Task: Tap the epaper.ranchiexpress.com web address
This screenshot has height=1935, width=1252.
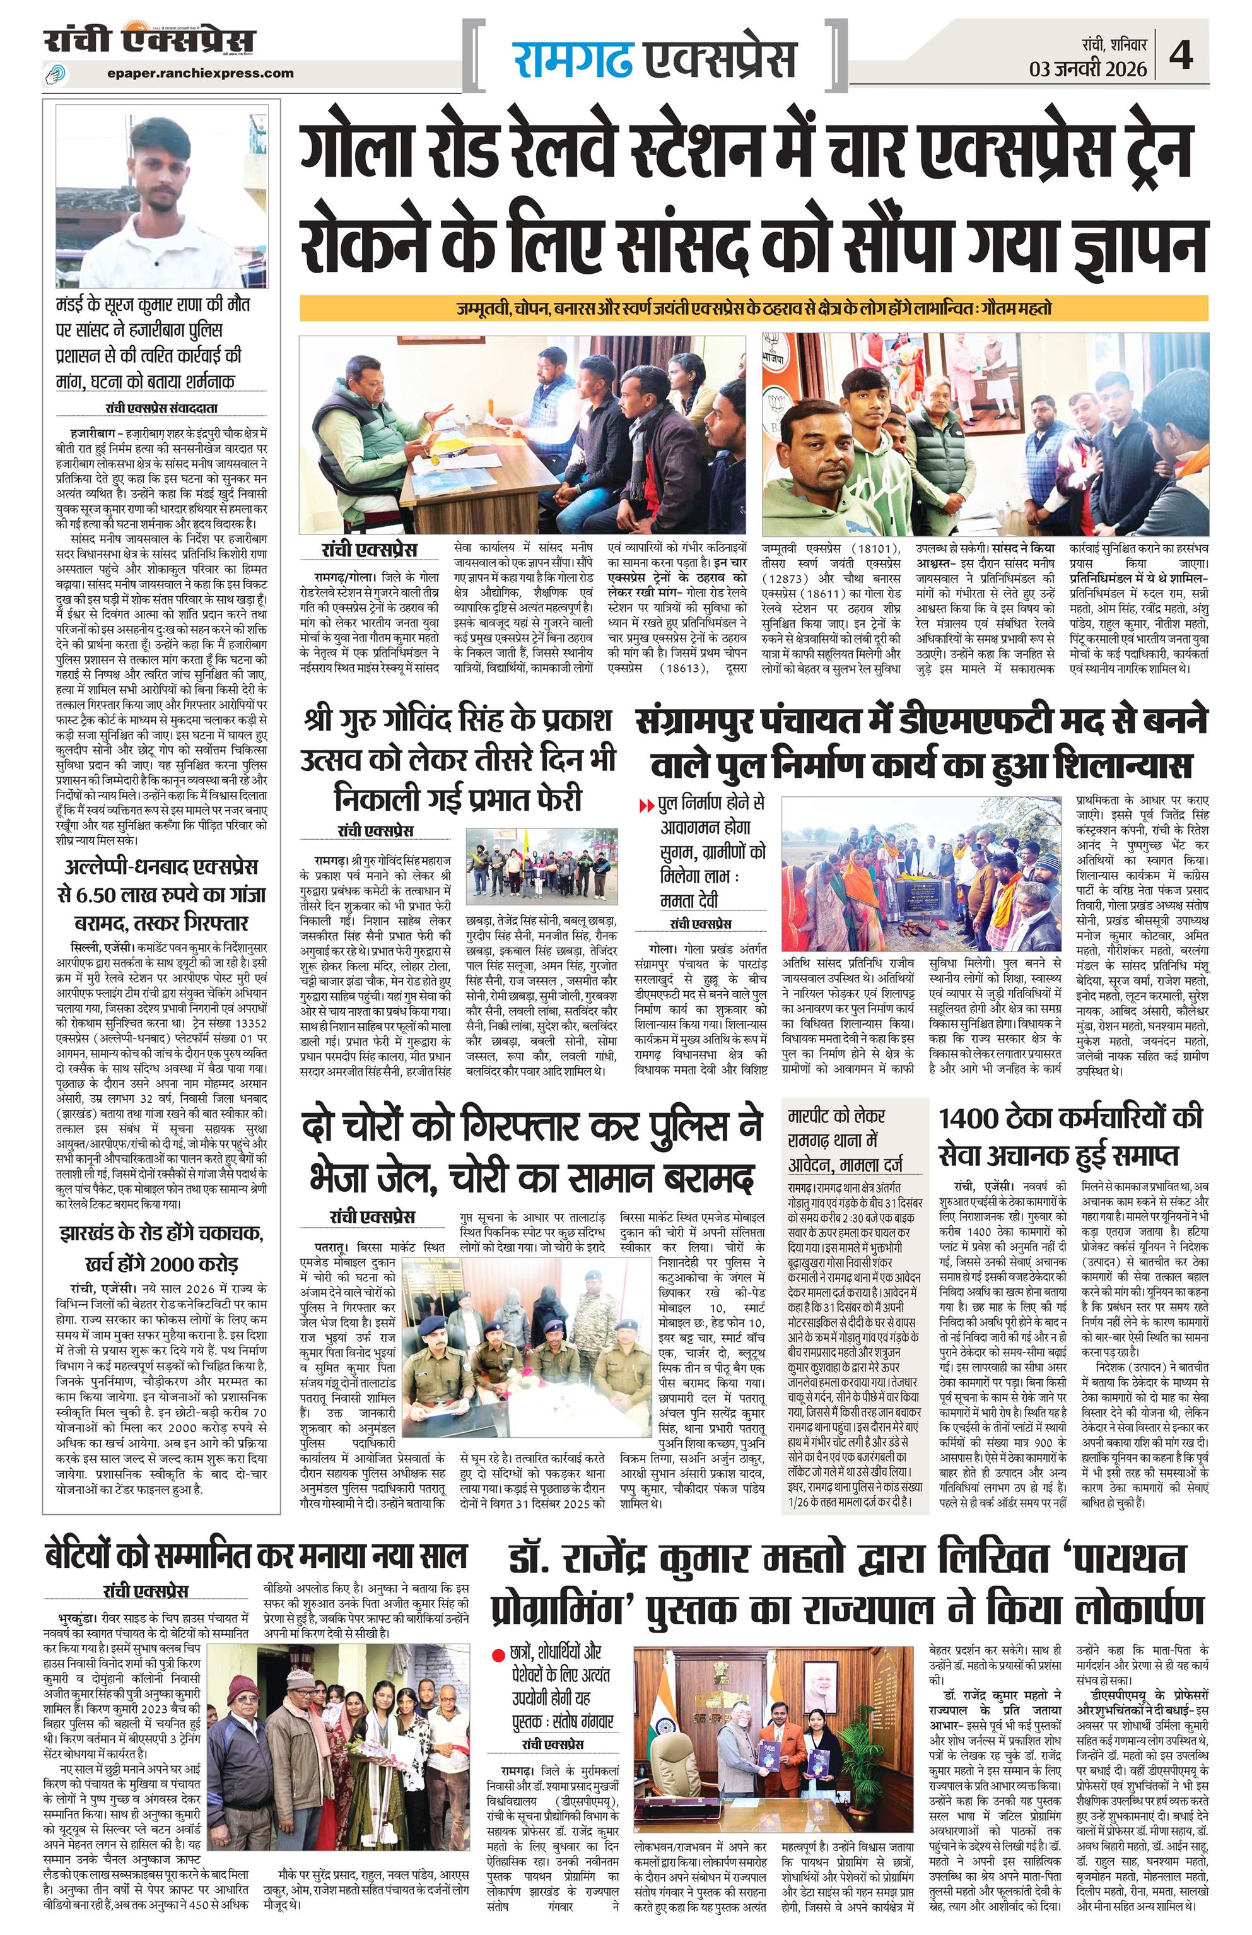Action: point(199,73)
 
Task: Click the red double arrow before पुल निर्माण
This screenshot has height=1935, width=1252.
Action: point(647,806)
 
